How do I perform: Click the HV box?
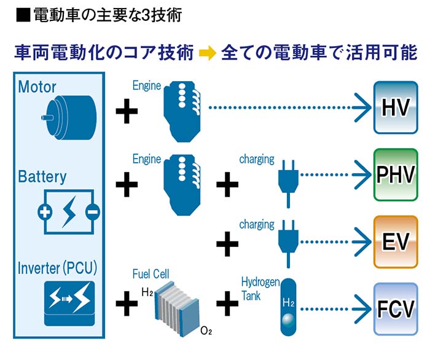(x=395, y=107)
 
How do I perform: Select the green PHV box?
(x=395, y=174)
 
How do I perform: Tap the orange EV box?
(x=395, y=241)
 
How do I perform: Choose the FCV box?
(x=395, y=307)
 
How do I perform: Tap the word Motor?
(x=37, y=86)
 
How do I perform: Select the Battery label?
(x=42, y=177)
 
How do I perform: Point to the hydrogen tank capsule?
(x=288, y=307)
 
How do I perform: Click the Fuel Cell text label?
(x=150, y=274)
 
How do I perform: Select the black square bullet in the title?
(x=23, y=14)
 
